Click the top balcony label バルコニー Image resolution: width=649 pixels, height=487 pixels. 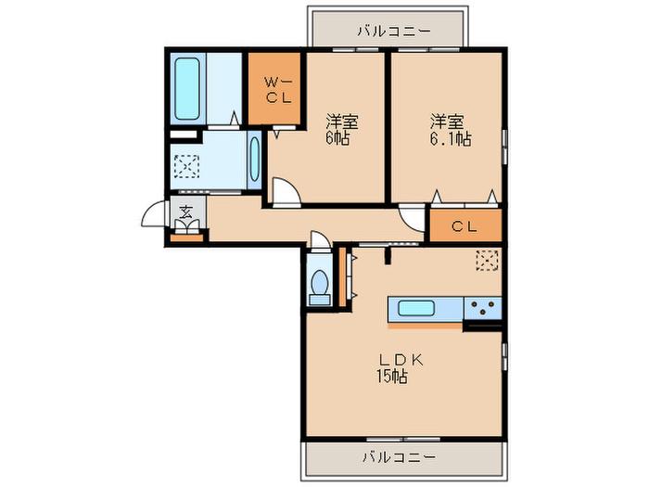388,31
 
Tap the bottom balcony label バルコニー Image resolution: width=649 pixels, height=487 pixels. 400,457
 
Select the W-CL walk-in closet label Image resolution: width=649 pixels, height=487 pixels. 278,90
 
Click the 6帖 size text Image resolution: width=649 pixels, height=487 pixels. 337,139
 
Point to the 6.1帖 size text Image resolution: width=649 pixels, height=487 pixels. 451,139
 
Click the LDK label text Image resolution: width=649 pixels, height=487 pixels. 401,360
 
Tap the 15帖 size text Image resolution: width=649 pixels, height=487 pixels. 391,377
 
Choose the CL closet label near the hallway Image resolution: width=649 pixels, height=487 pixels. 464,226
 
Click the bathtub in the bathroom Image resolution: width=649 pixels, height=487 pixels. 187,88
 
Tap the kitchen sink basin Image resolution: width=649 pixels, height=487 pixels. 416,309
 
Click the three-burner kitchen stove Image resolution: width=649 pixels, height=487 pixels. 483,308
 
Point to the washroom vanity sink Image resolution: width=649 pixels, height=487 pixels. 254,160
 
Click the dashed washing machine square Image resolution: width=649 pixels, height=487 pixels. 186,166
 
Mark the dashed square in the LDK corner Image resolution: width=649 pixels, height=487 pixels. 488,261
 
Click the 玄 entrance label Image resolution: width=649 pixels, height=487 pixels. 185,212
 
